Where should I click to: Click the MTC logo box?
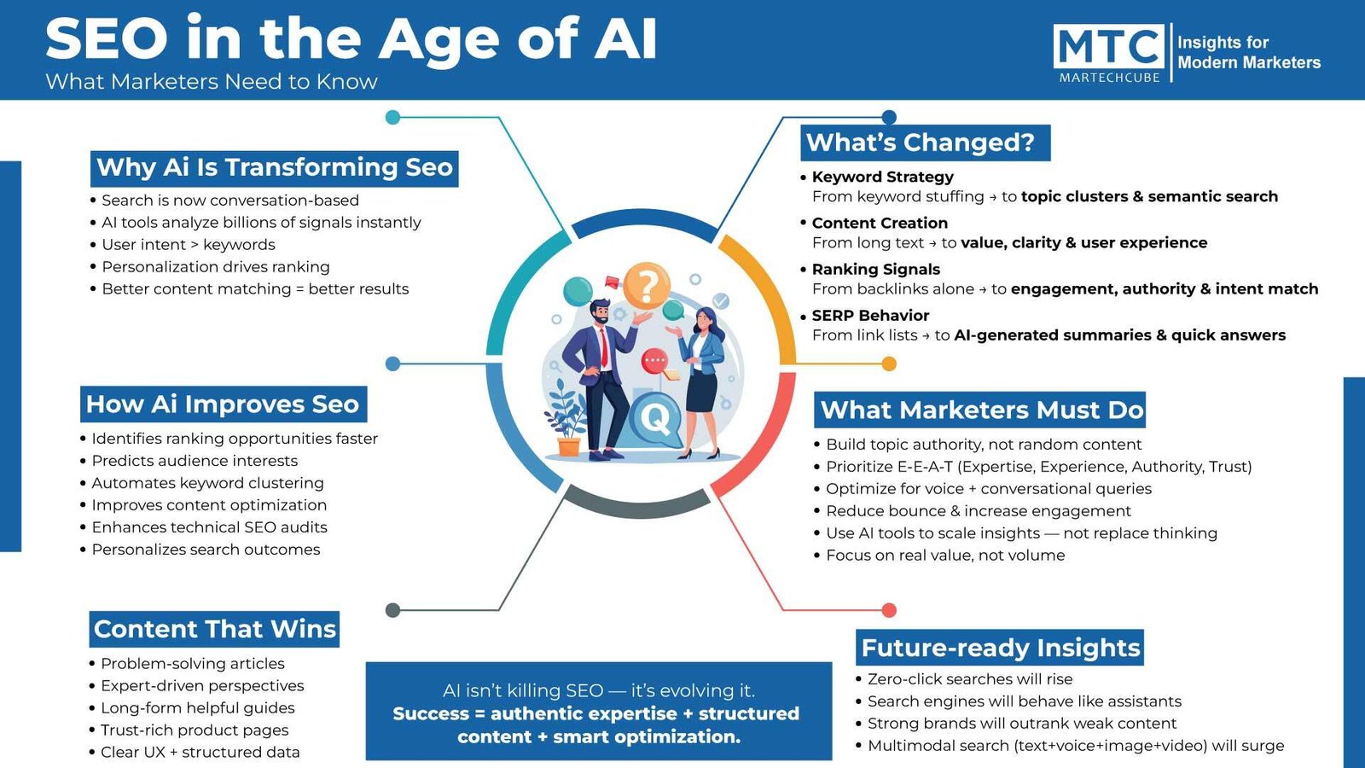click(x=1108, y=46)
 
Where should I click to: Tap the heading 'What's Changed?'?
click(x=925, y=143)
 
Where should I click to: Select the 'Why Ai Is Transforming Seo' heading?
click(x=274, y=168)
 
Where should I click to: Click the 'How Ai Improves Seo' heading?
click(x=223, y=404)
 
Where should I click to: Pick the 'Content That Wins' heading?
click(x=214, y=629)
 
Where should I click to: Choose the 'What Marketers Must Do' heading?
click(x=980, y=410)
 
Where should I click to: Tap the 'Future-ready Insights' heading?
click(x=999, y=648)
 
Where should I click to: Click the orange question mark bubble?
click(x=648, y=285)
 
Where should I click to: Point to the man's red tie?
click(x=604, y=346)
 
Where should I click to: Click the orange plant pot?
click(x=568, y=446)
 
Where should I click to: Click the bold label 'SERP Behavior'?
click(x=870, y=316)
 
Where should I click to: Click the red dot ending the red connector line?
click(x=889, y=610)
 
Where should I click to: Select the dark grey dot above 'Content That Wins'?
click(x=393, y=610)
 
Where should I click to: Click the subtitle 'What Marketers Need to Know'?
click(x=212, y=82)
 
